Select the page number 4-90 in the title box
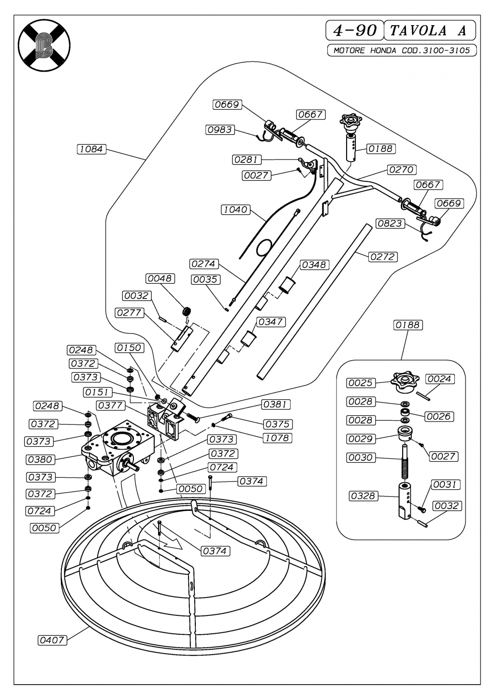coord(355,30)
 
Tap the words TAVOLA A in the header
coord(429,30)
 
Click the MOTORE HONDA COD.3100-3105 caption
coord(401,50)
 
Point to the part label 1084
coord(91,149)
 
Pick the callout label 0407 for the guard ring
coord(52,640)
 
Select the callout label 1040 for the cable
coord(235,209)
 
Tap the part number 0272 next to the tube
coord(382,257)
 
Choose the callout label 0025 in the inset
coord(360,383)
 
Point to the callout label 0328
coord(363,496)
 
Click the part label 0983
coord(219,130)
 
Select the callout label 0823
coord(390,223)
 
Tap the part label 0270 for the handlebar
coord(401,169)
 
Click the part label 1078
coord(277,438)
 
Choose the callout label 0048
coord(160,278)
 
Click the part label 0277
coord(129,313)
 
